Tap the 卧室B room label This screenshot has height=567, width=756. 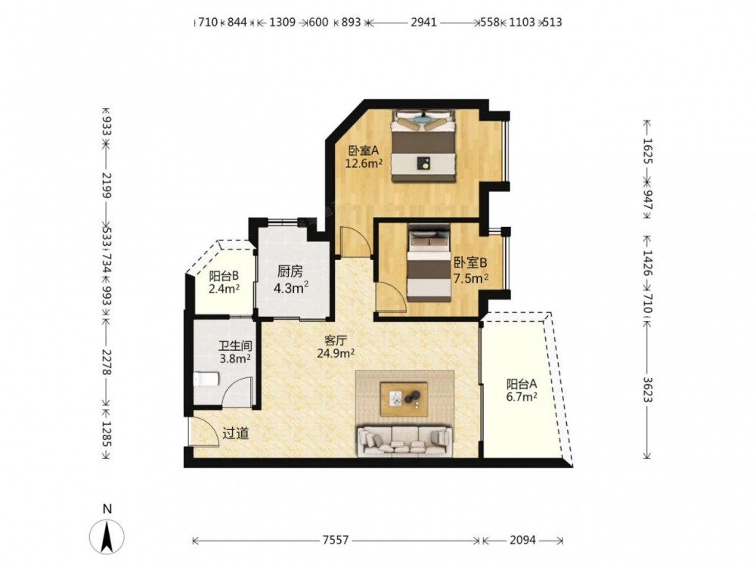470,263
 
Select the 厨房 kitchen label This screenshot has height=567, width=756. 290,272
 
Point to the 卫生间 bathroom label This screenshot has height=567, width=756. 235,346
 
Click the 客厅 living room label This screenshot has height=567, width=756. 336,340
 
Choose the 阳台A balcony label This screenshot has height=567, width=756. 521,384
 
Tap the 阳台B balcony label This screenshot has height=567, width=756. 225,276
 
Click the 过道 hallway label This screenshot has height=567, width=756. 236,433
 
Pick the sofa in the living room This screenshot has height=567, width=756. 404,442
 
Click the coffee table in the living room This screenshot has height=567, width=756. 404,398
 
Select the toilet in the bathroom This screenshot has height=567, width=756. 206,380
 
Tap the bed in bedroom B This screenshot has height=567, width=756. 429,263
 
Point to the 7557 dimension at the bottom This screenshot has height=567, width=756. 336,540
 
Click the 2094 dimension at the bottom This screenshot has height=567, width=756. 522,540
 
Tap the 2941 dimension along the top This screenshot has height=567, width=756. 424,22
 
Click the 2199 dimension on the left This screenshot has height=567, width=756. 107,186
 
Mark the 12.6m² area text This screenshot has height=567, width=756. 364,163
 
